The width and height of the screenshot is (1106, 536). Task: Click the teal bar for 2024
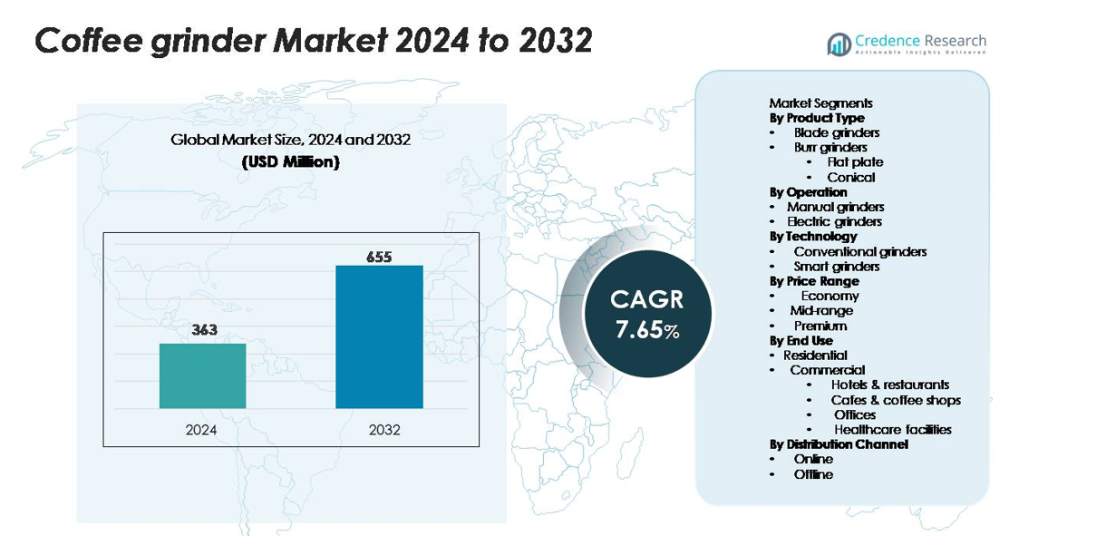202,376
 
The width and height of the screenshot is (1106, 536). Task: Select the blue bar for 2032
379,336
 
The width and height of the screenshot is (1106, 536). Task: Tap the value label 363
204,329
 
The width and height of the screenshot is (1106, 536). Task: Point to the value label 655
379,257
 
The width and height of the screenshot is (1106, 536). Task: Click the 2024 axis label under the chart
201,430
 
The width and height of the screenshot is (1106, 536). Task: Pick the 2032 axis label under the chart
384,430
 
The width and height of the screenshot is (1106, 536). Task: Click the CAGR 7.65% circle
648,314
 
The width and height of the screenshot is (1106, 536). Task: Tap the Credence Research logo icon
839,44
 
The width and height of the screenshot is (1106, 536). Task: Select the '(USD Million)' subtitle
291,162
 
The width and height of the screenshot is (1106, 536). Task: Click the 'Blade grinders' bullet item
837,133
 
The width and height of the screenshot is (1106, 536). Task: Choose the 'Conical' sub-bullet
850,178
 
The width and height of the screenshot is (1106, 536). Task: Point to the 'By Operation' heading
809,192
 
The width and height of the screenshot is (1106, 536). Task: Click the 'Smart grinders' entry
837,267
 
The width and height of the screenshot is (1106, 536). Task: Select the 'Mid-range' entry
821,311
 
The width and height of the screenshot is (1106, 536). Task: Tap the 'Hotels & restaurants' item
889,385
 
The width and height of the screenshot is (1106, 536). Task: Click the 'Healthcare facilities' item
893,430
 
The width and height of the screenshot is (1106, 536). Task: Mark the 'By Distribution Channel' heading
839,444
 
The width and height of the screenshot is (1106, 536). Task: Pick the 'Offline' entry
813,474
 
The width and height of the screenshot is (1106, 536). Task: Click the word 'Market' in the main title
330,41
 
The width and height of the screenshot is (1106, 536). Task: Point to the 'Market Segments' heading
820,103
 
